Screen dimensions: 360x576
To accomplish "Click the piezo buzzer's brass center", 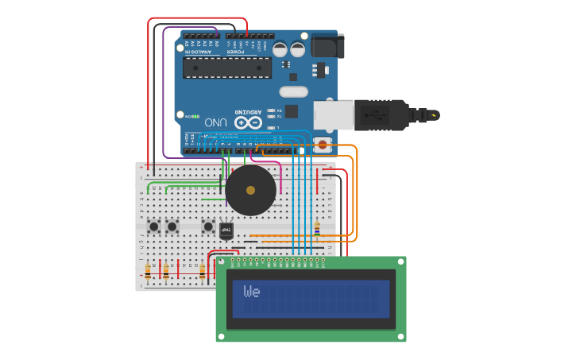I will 250,190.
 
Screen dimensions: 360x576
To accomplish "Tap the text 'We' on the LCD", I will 251,292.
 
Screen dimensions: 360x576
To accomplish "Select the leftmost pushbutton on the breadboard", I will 153,226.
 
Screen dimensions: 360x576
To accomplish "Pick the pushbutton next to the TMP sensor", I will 209,226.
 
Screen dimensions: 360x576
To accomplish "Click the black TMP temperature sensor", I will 226,229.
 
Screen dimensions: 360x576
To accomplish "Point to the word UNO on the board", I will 216,122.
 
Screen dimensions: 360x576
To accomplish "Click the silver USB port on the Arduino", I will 334,114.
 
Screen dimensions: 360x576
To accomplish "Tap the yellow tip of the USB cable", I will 434,115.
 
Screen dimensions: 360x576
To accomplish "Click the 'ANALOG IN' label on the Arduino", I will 199,52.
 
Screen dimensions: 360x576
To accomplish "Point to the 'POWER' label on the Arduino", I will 236,52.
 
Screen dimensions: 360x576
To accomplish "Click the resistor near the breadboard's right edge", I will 316,228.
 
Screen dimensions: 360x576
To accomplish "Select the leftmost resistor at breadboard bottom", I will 148,271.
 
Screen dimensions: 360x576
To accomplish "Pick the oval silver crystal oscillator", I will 294,91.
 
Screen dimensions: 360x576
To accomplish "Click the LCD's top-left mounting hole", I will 222,261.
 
